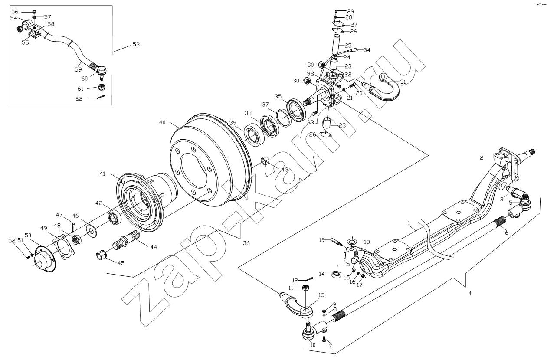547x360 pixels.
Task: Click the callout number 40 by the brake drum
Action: tap(162, 123)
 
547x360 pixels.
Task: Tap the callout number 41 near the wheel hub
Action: tap(102, 173)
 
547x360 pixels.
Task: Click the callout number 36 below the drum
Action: tap(246, 244)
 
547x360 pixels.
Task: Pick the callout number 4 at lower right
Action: tap(469, 294)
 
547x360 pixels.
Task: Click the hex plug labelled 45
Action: tap(101, 255)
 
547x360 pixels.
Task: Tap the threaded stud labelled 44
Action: tap(126, 240)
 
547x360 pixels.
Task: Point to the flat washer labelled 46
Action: tap(92, 229)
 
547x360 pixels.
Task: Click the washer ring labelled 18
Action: tap(352, 241)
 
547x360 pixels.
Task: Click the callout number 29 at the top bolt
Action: tap(350, 11)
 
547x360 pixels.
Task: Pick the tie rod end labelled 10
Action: tap(308, 334)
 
